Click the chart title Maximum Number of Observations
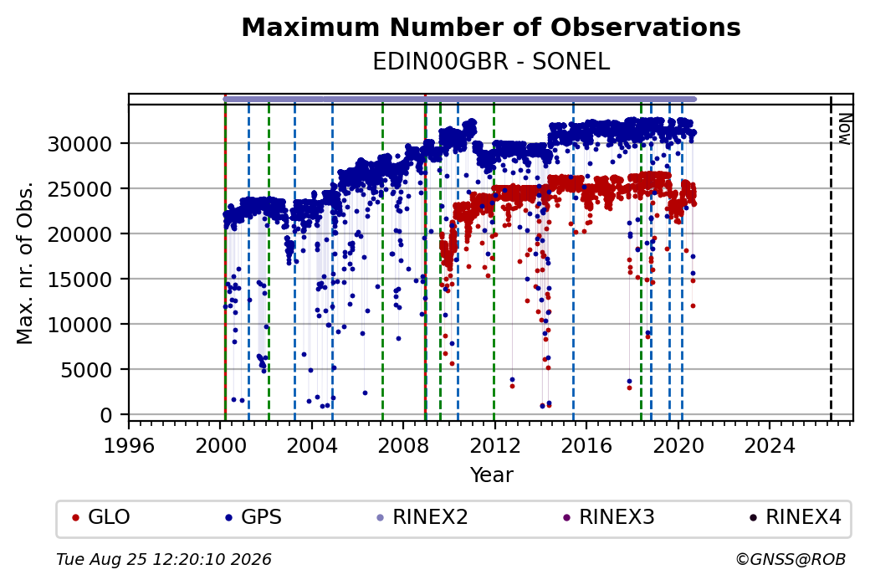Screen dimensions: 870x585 tap(491, 27)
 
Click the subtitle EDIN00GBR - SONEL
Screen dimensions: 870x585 tap(491, 62)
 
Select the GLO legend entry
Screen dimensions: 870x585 tap(101, 517)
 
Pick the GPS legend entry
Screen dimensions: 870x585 tap(253, 517)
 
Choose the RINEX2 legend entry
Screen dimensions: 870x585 tap(422, 517)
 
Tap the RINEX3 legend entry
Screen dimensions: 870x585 tap(609, 517)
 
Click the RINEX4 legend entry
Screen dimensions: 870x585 tap(796, 517)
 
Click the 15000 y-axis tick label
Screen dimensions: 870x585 tap(80, 280)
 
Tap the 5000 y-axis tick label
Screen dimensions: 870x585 tap(86, 370)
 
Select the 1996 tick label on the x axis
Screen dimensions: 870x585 tap(129, 445)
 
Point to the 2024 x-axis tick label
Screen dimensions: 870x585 tap(770, 445)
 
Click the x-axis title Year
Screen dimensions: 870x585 tap(492, 475)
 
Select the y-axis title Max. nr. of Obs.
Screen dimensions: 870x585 tap(25, 263)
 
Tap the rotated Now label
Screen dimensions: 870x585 tap(844, 129)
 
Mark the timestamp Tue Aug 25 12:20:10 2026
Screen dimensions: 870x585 tap(164, 559)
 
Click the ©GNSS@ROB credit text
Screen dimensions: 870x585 tap(791, 559)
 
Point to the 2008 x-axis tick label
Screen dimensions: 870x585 tap(403, 445)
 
